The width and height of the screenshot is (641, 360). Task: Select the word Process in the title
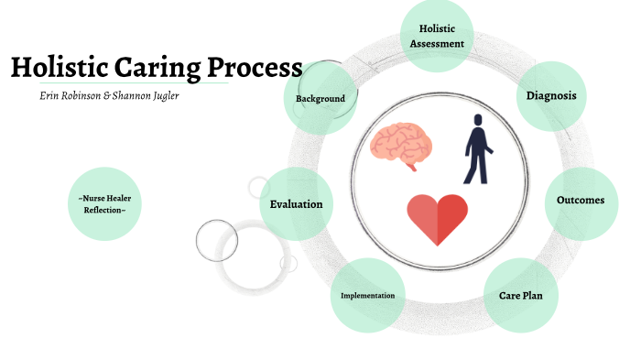tap(255, 68)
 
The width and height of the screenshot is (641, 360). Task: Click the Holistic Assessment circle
tap(437, 36)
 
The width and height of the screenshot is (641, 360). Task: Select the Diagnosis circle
tap(550, 95)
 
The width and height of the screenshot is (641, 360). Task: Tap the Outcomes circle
tap(580, 201)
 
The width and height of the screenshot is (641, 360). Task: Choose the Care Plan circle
tap(521, 296)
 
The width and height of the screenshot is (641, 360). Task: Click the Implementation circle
tap(367, 296)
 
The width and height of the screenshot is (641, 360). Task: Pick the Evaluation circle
tap(296, 203)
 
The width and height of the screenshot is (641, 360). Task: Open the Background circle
tap(320, 98)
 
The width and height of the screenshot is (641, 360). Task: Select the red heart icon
tap(437, 219)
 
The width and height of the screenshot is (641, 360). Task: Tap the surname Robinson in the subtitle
tap(87, 95)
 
